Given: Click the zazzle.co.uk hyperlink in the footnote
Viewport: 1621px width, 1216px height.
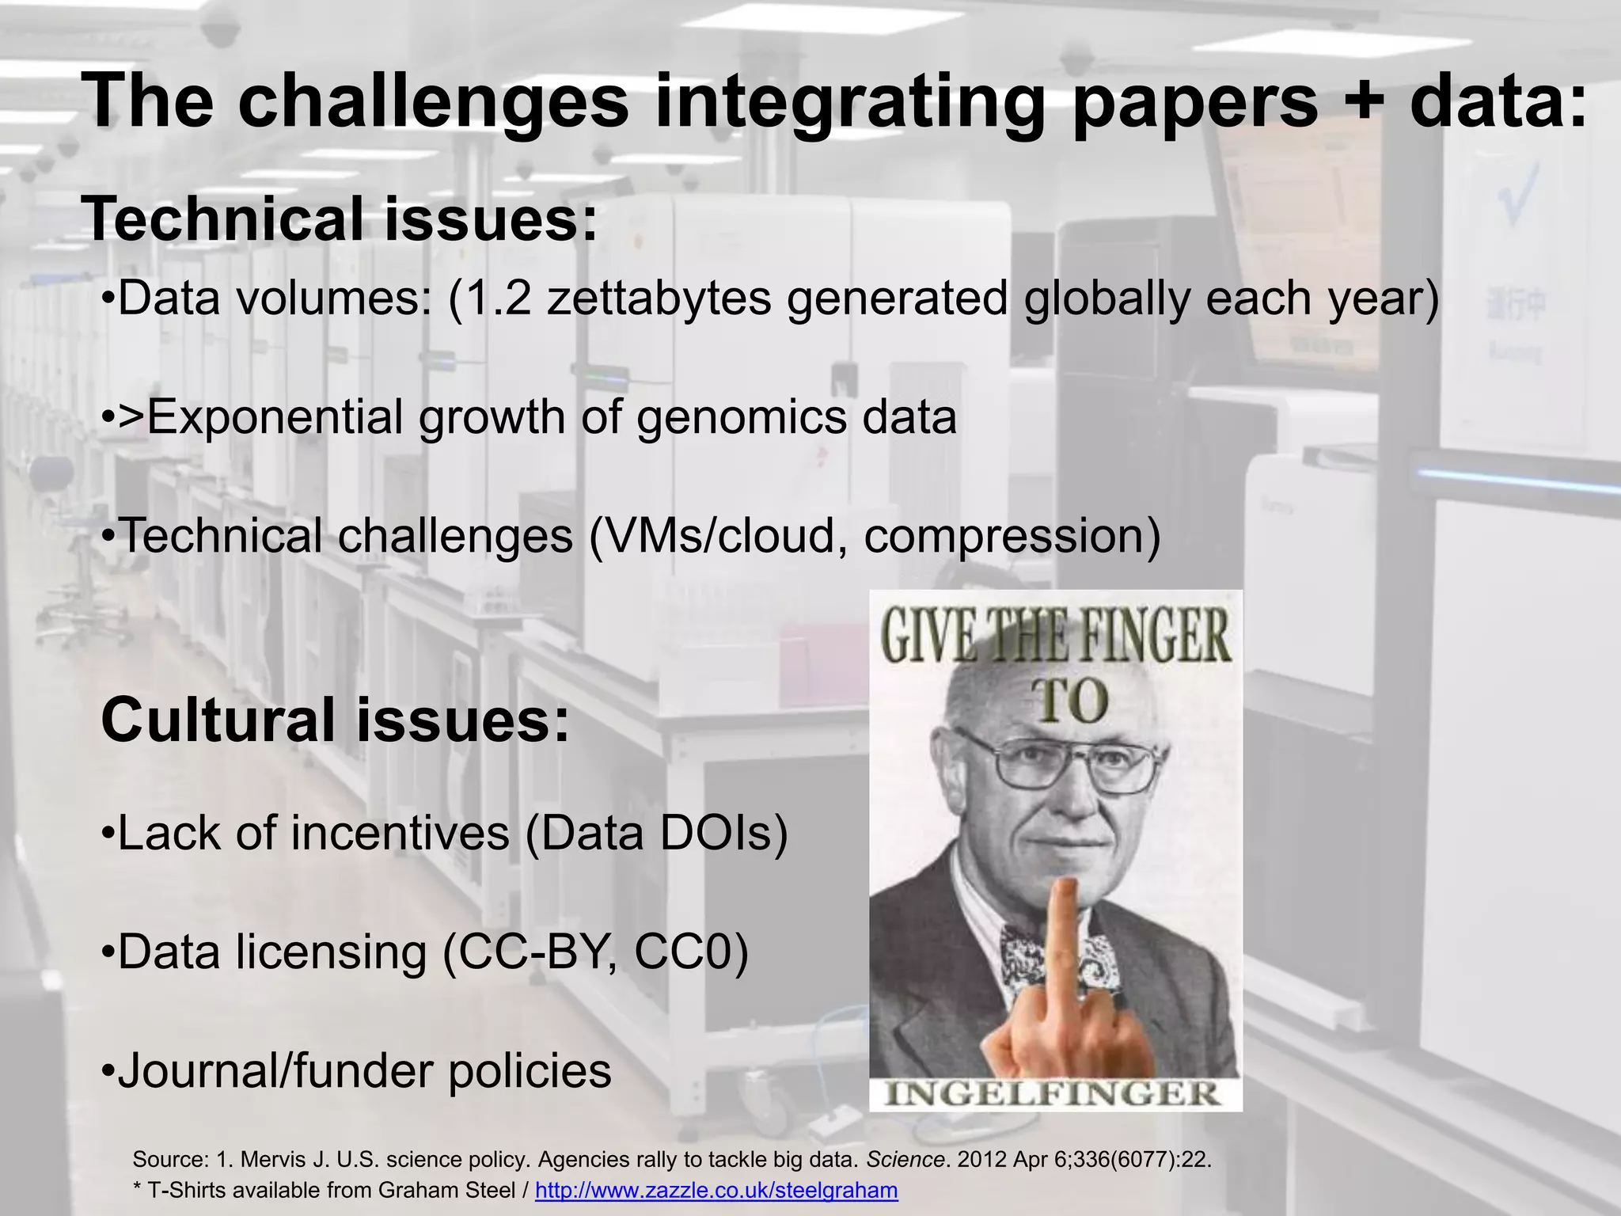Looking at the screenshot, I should (716, 1190).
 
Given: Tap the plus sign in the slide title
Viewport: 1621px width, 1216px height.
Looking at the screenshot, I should (1363, 101).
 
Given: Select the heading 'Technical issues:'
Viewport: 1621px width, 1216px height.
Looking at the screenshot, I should (340, 219).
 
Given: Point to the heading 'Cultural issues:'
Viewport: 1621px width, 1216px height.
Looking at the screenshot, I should (335, 720).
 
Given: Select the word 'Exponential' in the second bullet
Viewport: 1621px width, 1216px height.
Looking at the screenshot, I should (275, 417).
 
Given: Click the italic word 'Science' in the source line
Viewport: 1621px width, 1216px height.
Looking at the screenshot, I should (905, 1160).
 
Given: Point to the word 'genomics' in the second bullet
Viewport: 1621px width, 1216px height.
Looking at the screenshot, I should (741, 417).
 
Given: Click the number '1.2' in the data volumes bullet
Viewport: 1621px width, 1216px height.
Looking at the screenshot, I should (497, 298).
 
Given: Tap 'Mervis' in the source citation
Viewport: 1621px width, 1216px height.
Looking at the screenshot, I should (273, 1160).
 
